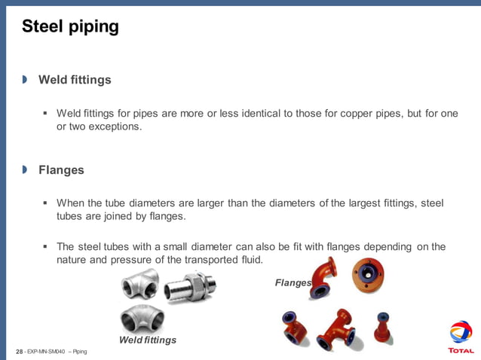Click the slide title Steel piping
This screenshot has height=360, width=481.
[70, 27]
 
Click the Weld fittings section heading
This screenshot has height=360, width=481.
[75, 80]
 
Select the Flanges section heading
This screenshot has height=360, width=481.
[61, 170]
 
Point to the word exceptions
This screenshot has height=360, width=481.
[115, 127]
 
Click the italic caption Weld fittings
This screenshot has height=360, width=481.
[148, 340]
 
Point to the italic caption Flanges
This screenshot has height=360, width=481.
[293, 282]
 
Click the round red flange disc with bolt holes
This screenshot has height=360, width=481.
[368, 275]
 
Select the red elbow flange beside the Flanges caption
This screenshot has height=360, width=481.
[323, 277]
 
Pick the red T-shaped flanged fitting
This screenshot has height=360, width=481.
[337, 330]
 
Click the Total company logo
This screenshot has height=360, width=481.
[461, 337]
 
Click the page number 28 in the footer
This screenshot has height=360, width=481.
[19, 352]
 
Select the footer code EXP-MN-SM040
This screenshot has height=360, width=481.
[46, 352]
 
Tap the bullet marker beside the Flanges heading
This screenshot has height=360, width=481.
[25, 170]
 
